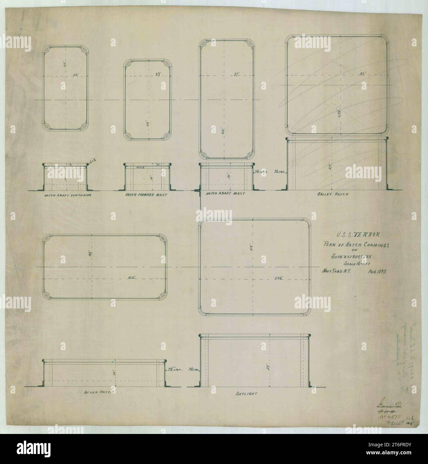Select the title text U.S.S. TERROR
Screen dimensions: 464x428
(x=358, y=235)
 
